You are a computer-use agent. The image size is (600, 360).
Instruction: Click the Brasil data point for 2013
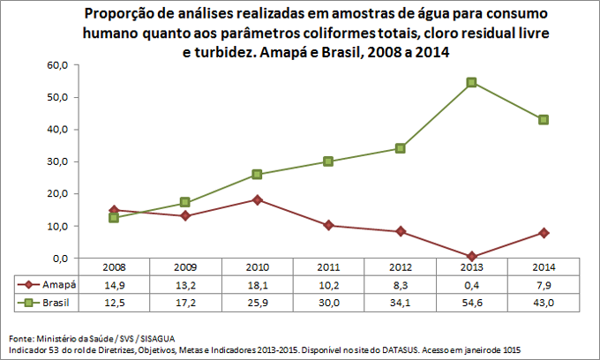tap(472, 82)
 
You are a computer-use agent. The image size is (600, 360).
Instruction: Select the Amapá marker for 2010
tap(257, 199)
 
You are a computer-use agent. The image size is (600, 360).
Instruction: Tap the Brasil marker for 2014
tap(544, 119)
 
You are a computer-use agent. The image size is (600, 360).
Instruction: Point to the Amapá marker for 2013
tap(472, 257)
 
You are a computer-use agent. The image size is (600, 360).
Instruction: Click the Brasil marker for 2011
tap(328, 161)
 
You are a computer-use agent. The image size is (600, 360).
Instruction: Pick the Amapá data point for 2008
tap(114, 210)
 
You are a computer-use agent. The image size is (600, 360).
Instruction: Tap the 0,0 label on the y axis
tap(60, 259)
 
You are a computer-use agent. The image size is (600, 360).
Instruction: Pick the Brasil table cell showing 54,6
tap(472, 303)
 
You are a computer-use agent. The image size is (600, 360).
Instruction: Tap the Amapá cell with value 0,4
tap(472, 285)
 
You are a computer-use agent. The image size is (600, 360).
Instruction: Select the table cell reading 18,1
tap(257, 285)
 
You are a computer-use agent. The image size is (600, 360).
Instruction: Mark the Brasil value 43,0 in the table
tap(544, 303)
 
